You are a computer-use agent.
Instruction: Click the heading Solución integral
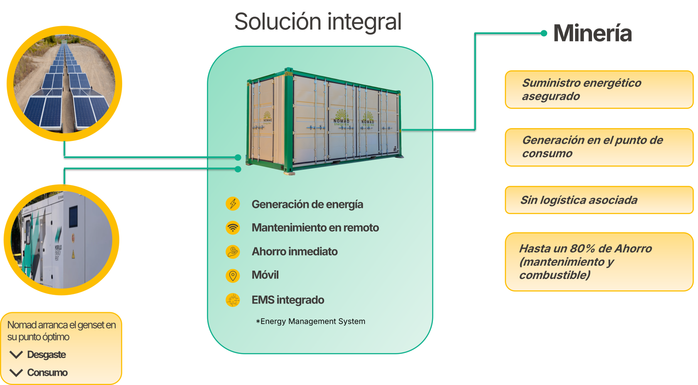coord(318,22)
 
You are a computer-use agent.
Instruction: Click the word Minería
coord(592,33)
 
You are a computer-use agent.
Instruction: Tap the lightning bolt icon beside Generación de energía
coord(233,204)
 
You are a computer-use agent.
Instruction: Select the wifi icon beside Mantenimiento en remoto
coord(233,227)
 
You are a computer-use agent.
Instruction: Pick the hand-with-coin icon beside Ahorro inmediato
coord(233,252)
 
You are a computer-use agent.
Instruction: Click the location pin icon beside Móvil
coord(233,276)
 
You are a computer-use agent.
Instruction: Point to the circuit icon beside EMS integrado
coord(233,300)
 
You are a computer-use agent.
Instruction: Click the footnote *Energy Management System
coord(310,321)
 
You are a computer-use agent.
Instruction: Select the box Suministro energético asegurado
coord(599,90)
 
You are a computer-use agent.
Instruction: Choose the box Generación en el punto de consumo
coord(599,147)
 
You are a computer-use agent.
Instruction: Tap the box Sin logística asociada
coord(599,200)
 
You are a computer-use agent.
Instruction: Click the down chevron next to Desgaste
coord(16,355)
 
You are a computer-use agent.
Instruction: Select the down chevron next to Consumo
coord(16,373)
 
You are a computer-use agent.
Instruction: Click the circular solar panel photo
coord(64,84)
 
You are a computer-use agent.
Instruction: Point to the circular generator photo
coord(61,240)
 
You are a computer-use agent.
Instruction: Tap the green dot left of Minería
coord(544,33)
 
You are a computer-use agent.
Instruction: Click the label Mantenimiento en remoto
coord(315,227)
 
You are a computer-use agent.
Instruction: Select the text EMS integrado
coord(288,300)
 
